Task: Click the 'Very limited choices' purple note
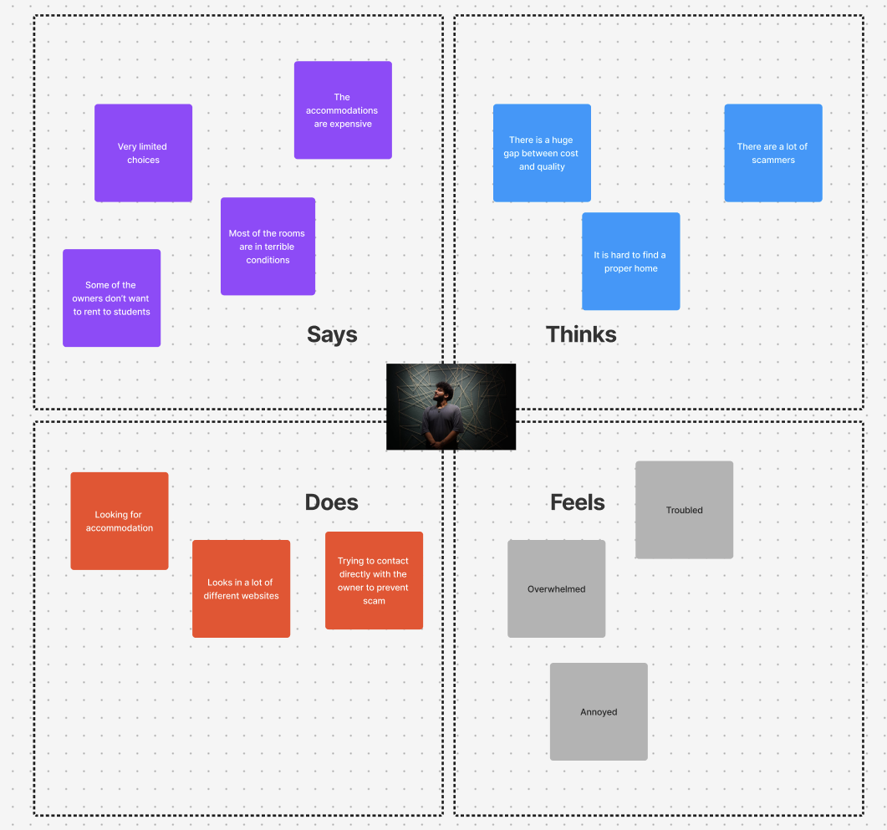pyautogui.click(x=143, y=153)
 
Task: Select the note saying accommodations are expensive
pyautogui.click(x=343, y=109)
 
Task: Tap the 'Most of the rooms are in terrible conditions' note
pyautogui.click(x=268, y=246)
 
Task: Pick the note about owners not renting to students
pyautogui.click(x=111, y=298)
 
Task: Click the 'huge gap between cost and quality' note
pyautogui.click(x=542, y=153)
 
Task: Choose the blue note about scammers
pyautogui.click(x=772, y=153)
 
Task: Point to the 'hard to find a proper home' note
pyautogui.click(x=630, y=261)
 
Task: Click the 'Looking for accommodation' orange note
pyautogui.click(x=120, y=521)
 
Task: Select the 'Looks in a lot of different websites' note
pyautogui.click(x=241, y=588)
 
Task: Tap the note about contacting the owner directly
pyautogui.click(x=374, y=580)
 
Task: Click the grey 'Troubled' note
pyautogui.click(x=684, y=510)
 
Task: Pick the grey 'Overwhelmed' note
pyautogui.click(x=556, y=588)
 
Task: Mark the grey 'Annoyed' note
pyautogui.click(x=599, y=711)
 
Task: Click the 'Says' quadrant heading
pyautogui.click(x=332, y=334)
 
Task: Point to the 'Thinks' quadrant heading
pyautogui.click(x=581, y=334)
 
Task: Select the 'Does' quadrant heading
pyautogui.click(x=331, y=502)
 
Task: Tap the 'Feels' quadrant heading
pyautogui.click(x=577, y=502)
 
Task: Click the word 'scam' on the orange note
pyautogui.click(x=374, y=601)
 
